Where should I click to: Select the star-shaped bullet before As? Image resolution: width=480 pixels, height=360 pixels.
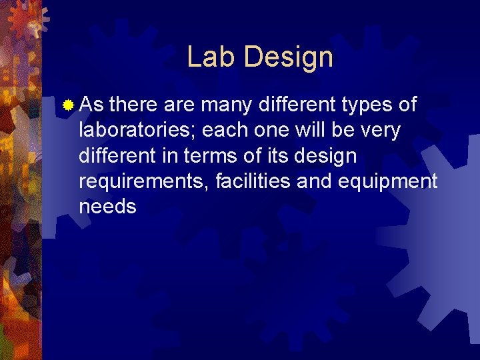pyautogui.click(x=67, y=105)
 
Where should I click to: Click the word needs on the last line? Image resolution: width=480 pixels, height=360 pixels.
pyautogui.click(x=107, y=207)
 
